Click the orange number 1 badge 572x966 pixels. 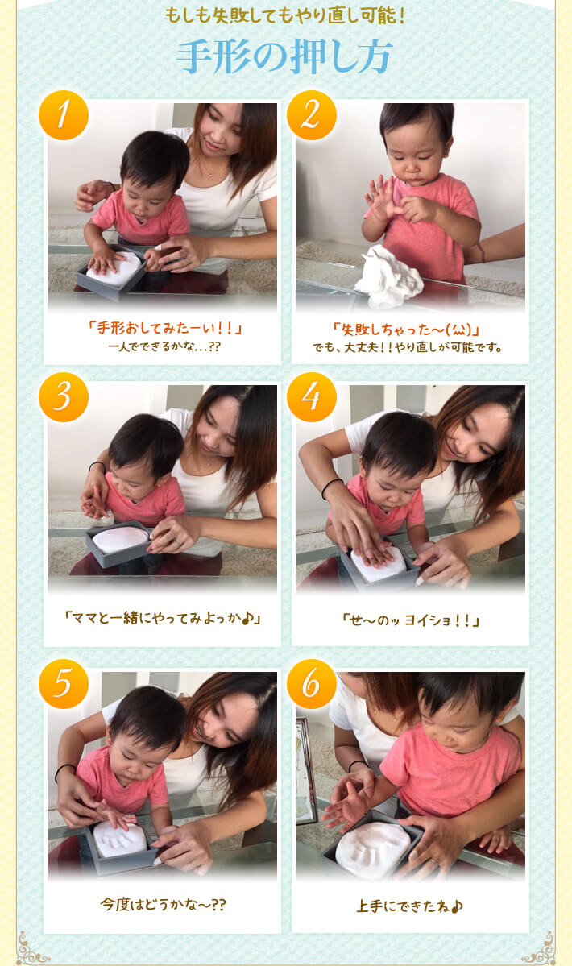click(x=64, y=115)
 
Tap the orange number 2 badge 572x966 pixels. click(x=312, y=115)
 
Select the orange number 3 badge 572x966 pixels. click(x=64, y=397)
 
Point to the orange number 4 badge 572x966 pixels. click(x=312, y=397)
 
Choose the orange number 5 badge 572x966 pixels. click(x=64, y=684)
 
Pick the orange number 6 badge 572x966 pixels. click(x=312, y=684)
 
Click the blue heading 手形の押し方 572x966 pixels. click(x=284, y=57)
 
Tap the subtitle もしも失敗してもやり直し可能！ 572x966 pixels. click(x=285, y=15)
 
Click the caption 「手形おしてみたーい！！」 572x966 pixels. click(x=165, y=327)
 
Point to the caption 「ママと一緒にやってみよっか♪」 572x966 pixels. click(x=164, y=617)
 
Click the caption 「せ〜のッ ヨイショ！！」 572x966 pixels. click(x=411, y=619)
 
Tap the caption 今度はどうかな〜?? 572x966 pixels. click(x=164, y=905)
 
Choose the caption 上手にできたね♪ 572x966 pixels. click(x=409, y=906)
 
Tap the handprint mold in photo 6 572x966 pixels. click(x=372, y=850)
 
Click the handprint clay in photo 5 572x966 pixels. click(x=120, y=840)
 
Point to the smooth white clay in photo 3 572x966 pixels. click(x=120, y=540)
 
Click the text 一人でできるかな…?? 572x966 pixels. click(x=164, y=347)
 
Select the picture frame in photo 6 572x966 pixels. click(x=306, y=770)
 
